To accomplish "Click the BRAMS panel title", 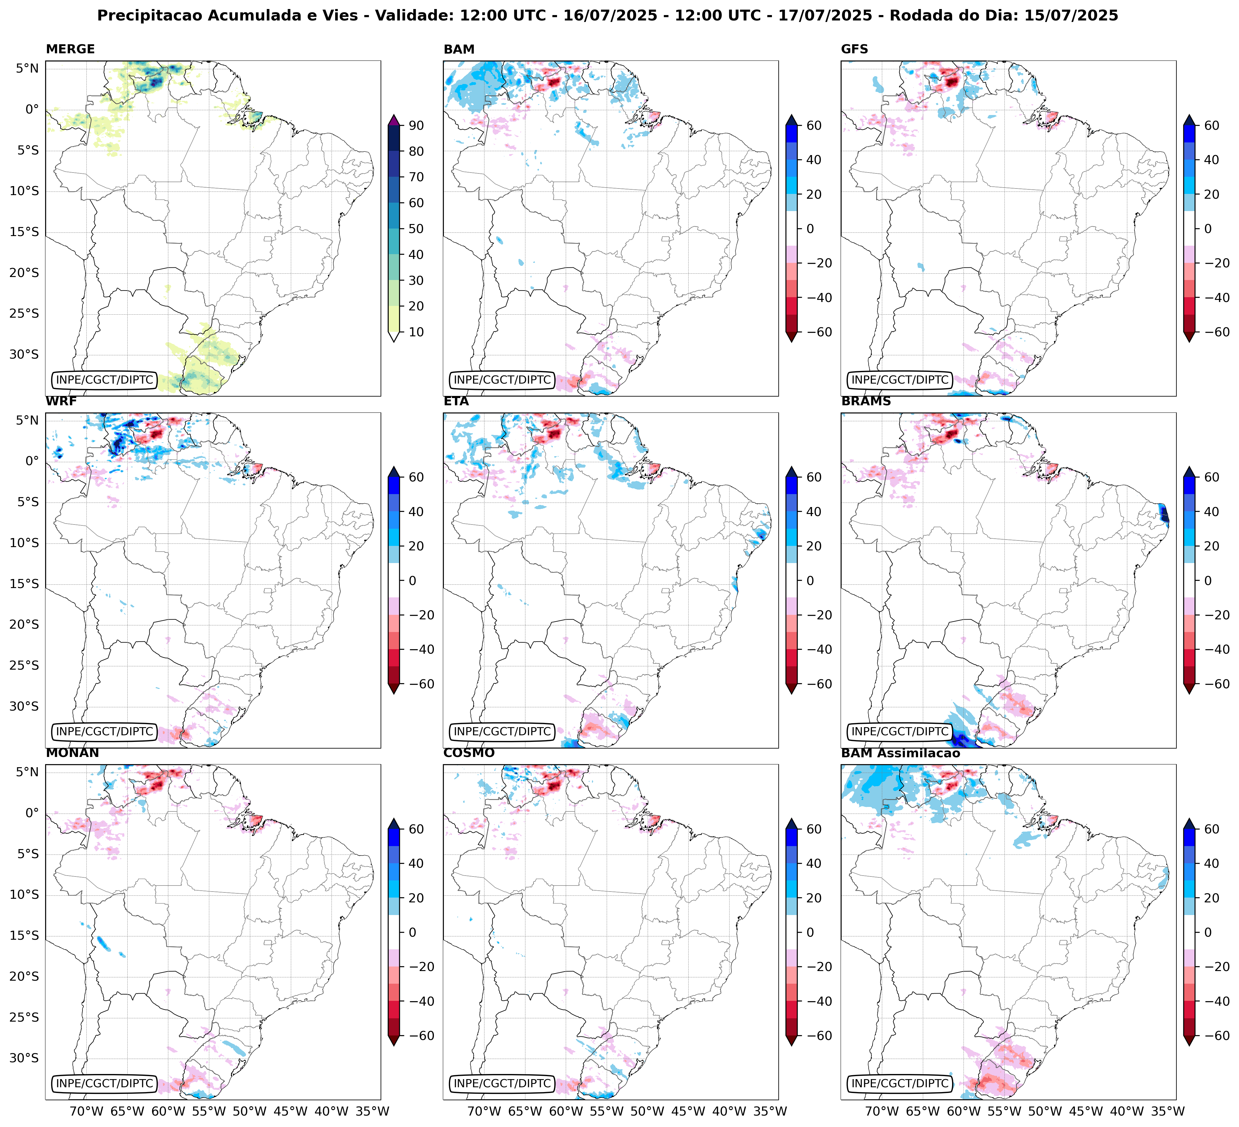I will click(x=866, y=401).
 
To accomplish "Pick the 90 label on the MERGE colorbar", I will click(x=416, y=125).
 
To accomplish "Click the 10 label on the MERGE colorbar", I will click(x=416, y=332).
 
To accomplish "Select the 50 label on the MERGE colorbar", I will click(x=416, y=229).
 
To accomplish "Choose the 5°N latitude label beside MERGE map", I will click(x=27, y=68).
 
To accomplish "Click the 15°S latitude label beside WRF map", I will click(x=25, y=584).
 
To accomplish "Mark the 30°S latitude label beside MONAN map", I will click(x=25, y=1058).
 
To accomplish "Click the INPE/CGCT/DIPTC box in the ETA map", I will click(x=502, y=731).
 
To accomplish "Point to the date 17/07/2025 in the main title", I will click(x=825, y=15).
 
